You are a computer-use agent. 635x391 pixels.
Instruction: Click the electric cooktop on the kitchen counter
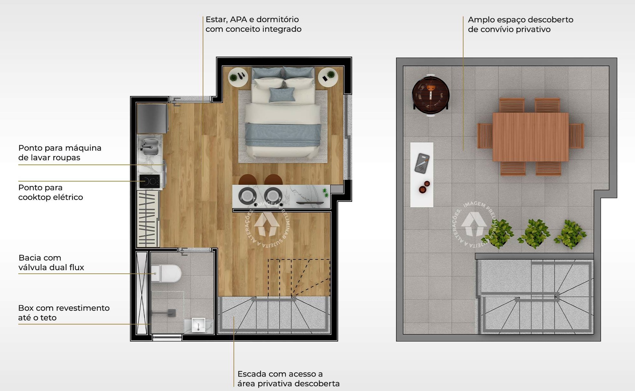(x=150, y=182)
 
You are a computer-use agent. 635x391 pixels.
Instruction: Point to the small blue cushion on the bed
(x=282, y=94)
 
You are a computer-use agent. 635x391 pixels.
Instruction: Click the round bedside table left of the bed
(x=238, y=77)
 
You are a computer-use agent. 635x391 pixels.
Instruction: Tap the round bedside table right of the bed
(x=328, y=77)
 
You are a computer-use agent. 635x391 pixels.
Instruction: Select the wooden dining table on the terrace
(x=530, y=137)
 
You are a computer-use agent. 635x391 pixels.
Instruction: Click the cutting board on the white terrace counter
(x=422, y=164)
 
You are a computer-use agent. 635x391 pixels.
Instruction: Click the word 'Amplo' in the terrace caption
(x=481, y=20)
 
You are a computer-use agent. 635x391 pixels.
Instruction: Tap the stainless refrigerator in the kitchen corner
(x=152, y=118)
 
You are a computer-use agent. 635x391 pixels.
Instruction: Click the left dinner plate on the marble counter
(x=247, y=195)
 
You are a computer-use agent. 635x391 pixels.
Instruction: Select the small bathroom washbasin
(x=198, y=324)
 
